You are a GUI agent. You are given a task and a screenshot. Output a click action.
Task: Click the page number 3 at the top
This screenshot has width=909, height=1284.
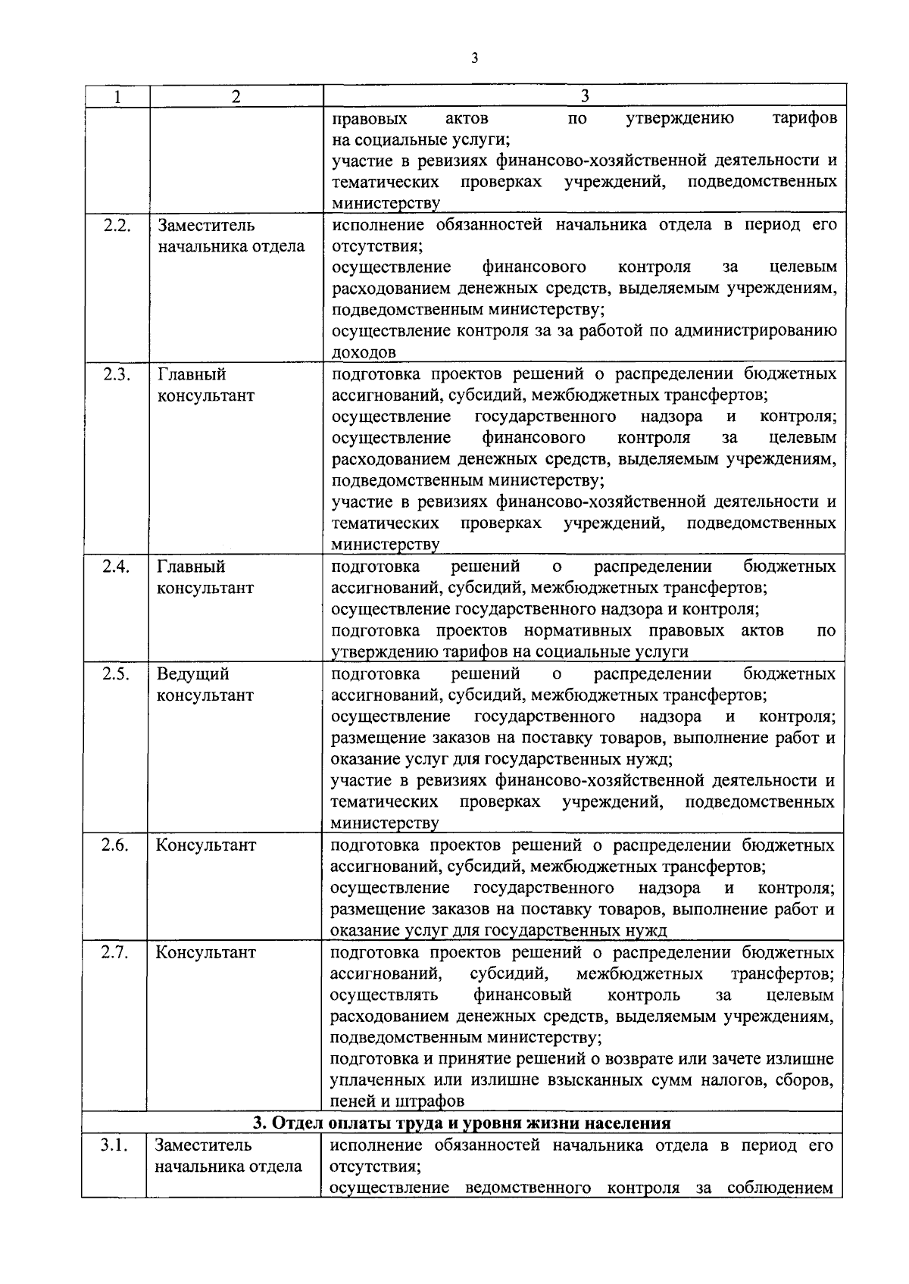click(473, 58)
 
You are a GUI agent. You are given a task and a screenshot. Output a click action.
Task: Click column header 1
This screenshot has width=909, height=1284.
click(116, 96)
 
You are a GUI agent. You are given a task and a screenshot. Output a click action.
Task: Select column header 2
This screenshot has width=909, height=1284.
click(236, 96)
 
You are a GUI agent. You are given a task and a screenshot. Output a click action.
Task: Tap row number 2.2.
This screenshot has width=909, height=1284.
click(116, 225)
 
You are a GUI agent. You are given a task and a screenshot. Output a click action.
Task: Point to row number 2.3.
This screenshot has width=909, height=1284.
click(116, 374)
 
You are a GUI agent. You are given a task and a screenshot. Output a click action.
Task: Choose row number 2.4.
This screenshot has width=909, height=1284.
click(116, 567)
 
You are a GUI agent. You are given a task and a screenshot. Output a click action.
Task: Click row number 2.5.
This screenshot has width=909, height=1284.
click(116, 674)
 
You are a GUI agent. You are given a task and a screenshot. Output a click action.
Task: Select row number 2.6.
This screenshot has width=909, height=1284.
click(115, 845)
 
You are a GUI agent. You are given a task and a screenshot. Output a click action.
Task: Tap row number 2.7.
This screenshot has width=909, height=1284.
click(115, 952)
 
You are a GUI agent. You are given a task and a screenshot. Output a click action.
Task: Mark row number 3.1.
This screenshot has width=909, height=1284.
click(114, 1145)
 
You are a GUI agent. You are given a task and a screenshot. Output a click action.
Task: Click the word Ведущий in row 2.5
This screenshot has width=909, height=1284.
click(192, 674)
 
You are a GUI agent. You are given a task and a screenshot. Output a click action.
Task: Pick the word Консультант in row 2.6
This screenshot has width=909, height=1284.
click(206, 845)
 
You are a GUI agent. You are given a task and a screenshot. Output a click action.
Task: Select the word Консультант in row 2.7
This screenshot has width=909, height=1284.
click(206, 952)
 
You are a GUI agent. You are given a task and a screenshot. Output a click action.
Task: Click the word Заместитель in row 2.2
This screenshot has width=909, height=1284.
click(206, 226)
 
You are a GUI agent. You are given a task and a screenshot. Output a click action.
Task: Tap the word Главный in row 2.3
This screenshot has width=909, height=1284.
click(192, 374)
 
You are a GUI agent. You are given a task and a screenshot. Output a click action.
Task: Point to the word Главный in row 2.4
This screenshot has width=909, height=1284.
click(192, 567)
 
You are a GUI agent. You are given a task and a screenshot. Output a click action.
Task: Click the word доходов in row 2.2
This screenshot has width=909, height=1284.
click(364, 352)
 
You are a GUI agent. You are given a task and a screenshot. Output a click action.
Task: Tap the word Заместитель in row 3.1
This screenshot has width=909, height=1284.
click(204, 1145)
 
